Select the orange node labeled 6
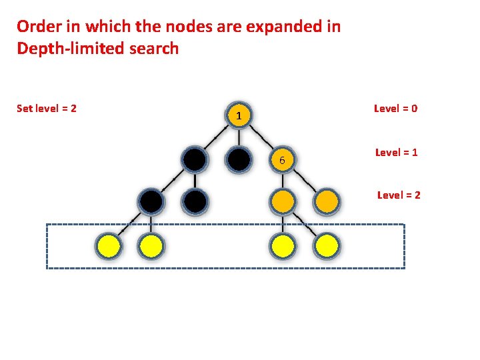pos(283,160)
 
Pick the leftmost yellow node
pos(109,246)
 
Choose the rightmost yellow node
pos(327,246)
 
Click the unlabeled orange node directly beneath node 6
pos(283,201)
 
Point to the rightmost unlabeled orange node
pos(327,201)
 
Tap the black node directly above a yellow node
pos(151,201)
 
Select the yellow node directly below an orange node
pos(283,246)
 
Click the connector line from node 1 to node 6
pos(262,139)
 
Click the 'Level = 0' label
pos(396,109)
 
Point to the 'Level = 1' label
pos(397,153)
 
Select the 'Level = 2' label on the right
pos(399,195)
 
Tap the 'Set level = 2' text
pos(47,108)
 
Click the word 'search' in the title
pos(157,49)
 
